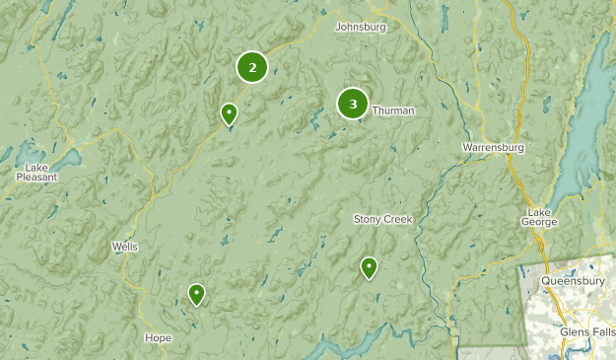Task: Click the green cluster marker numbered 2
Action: point(252,67)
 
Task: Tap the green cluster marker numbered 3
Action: point(353,104)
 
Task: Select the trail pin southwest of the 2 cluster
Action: point(229,115)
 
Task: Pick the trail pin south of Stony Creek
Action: point(369,267)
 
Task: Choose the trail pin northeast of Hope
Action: point(197,294)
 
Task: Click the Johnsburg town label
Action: point(361,27)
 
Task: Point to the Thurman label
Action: point(393,111)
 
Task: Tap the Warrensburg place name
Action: point(493,148)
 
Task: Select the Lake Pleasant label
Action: point(36,173)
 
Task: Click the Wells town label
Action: point(125,247)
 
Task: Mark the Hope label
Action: point(158,338)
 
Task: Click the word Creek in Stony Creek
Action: point(398,219)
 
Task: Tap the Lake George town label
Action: point(541,218)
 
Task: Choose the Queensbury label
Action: point(573,281)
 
